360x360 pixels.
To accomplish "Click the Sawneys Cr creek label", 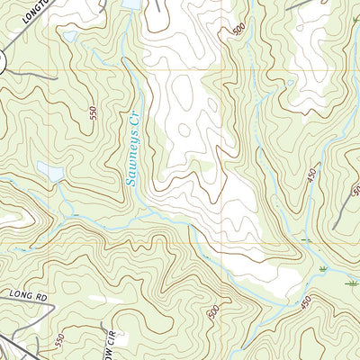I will (x=132, y=148).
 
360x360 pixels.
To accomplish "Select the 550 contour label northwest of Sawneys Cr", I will (x=92, y=115).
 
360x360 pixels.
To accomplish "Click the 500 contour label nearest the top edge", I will (x=238, y=29).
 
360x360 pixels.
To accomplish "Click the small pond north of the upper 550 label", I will (x=69, y=37).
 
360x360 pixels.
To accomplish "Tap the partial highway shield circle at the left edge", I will (x=2, y=61).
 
